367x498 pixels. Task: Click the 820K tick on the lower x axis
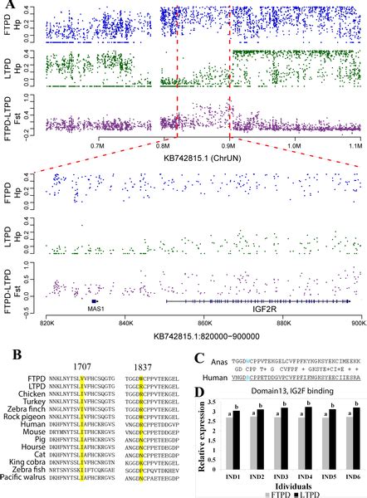[x=47, y=326]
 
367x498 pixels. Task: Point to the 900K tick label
[x=355, y=326]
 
